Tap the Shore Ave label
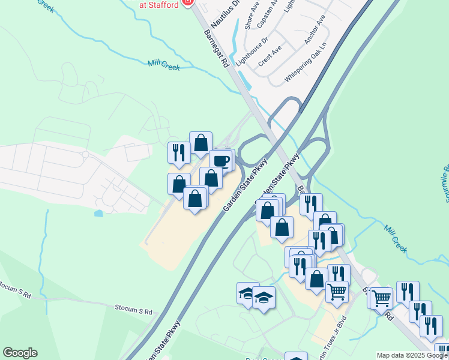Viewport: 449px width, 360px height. pyautogui.click(x=252, y=16)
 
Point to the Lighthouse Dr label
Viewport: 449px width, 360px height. pyautogui.click(x=250, y=49)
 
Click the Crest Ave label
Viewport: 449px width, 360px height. pyautogui.click(x=270, y=57)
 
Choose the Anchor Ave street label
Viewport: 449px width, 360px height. pyautogui.click(x=315, y=33)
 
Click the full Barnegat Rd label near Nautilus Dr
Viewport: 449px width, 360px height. pyautogui.click(x=216, y=48)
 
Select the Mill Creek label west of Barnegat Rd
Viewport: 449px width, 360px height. pyautogui.click(x=164, y=64)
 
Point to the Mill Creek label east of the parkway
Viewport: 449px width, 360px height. pyautogui.click(x=396, y=238)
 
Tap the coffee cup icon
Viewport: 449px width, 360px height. pyautogui.click(x=221, y=160)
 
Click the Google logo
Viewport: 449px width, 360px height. pyautogui.click(x=20, y=353)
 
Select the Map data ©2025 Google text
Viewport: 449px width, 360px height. pyautogui.click(x=412, y=355)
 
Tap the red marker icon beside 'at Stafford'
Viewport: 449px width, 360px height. pyautogui.click(x=187, y=3)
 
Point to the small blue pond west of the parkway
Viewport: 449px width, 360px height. pyautogui.click(x=98, y=213)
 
